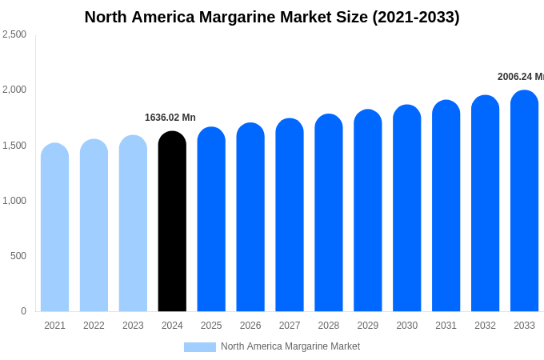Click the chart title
[272, 17]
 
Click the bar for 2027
[290, 215]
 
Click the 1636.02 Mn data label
[170, 118]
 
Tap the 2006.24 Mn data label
[520, 77]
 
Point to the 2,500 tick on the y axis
[14, 34]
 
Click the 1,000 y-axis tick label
[14, 201]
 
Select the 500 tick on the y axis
[18, 256]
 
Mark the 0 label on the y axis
[23, 311]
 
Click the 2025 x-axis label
[211, 326]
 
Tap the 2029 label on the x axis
[368, 326]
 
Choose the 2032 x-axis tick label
[485, 326]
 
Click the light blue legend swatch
[200, 347]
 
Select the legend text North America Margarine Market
[290, 346]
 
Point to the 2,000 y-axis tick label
[14, 90]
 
